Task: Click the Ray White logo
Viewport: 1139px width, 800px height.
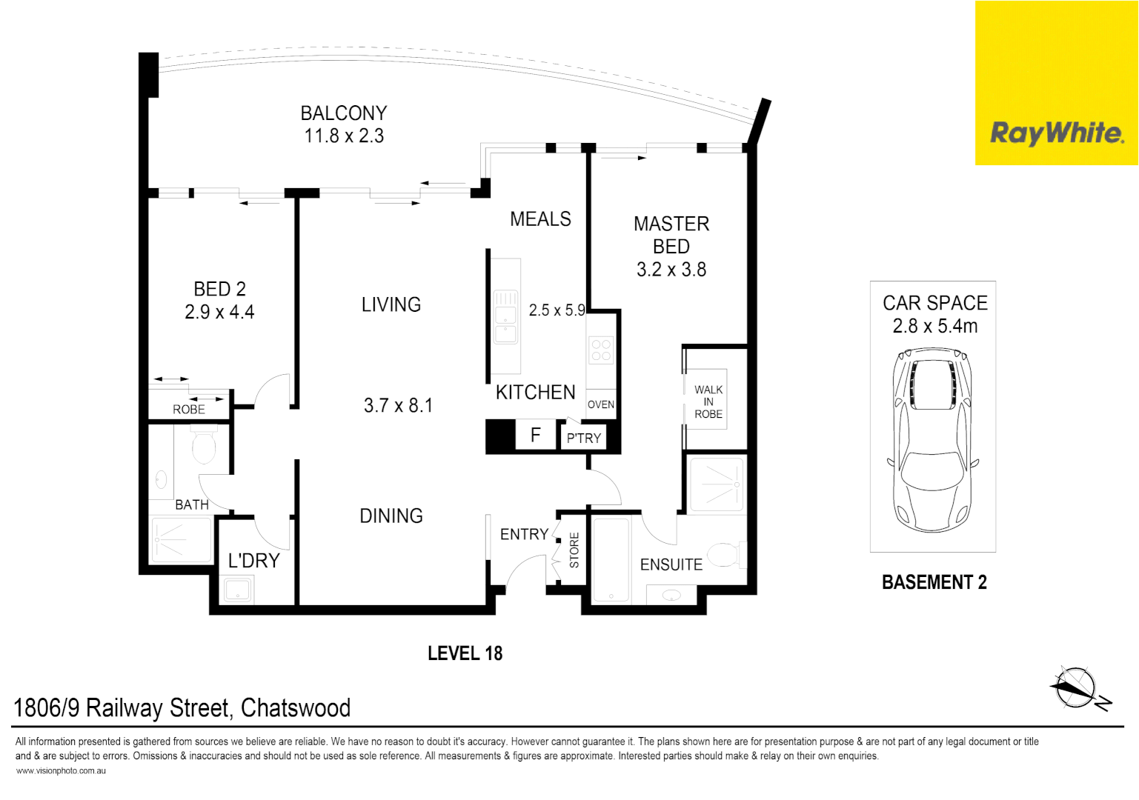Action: pos(1056,133)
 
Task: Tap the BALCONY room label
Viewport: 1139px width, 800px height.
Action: pos(344,113)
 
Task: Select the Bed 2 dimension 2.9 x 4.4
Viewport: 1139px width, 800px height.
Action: pos(219,313)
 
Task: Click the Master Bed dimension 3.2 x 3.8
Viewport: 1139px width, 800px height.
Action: pos(671,270)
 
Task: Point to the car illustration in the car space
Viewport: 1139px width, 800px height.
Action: pos(933,440)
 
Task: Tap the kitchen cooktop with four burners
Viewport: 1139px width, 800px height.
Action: pos(601,350)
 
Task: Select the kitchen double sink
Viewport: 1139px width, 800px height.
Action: pos(505,317)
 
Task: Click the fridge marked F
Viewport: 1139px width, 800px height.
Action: pos(535,435)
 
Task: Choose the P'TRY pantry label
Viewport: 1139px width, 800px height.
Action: pos(584,439)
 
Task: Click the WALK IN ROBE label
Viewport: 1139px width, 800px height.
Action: pos(708,401)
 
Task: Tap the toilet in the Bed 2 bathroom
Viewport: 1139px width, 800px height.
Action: pos(204,446)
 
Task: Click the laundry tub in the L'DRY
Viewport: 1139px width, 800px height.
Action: pos(238,590)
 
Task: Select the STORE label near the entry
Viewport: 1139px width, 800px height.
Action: pos(574,550)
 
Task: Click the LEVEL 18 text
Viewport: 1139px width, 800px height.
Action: pos(465,653)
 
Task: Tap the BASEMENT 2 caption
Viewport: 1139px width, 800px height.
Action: pos(934,583)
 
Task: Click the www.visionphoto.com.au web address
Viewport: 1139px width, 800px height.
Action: pos(61,771)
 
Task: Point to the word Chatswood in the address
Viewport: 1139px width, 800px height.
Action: pos(296,708)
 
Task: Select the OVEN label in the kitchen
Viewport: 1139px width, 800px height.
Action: pos(601,404)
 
